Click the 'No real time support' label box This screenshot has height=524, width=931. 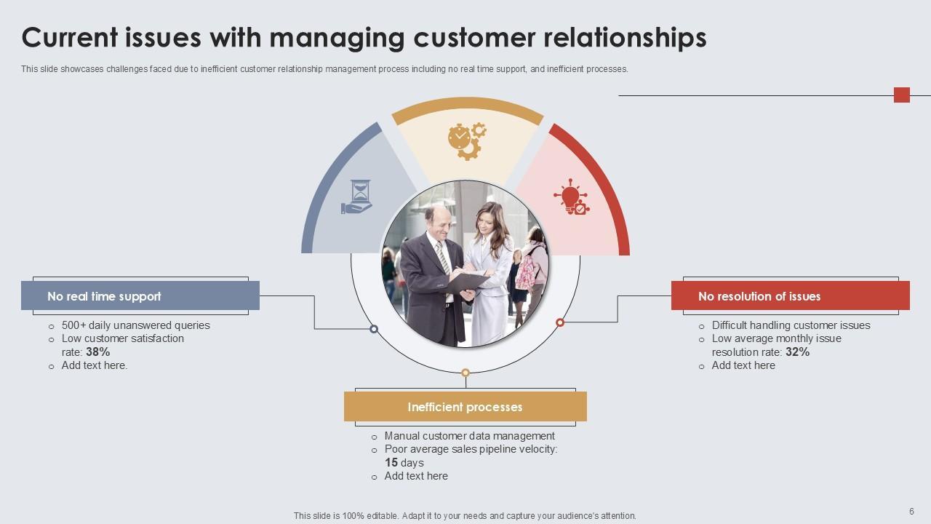pos(140,296)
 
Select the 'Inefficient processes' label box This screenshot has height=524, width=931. pos(465,407)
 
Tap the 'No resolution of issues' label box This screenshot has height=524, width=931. pos(790,296)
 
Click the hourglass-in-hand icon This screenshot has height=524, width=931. pos(357,196)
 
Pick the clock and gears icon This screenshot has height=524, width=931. pos(467,140)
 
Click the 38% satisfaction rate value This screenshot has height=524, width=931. pos(97,352)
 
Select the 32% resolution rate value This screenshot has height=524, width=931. pos(797,352)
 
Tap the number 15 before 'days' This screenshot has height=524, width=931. pos(391,463)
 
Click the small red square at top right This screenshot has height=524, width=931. pos(902,95)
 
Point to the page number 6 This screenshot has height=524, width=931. pos(911,512)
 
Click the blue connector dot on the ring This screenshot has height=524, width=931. pos(374,329)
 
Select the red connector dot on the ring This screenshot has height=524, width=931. pos(560,322)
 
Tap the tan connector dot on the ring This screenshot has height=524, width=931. pos(465,373)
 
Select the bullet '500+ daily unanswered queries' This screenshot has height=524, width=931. pos(135,325)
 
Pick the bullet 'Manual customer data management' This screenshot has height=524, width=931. pos(469,436)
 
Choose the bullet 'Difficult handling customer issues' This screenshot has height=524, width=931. pos(791,325)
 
